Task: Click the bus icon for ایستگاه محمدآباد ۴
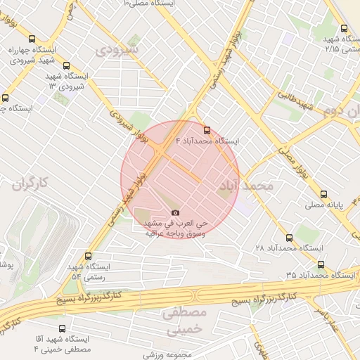pos(206,130)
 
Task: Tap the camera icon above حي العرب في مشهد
pos(175,213)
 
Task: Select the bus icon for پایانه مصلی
pos(323,195)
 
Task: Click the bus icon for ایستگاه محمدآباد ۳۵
pos(321,265)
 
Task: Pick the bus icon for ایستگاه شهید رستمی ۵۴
pos(88,257)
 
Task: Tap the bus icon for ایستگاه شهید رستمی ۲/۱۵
pos(344,29)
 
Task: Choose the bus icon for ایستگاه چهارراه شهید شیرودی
pos(32,39)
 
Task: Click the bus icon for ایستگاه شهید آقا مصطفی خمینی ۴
pos(63,328)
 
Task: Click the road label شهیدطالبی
pos(294,98)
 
